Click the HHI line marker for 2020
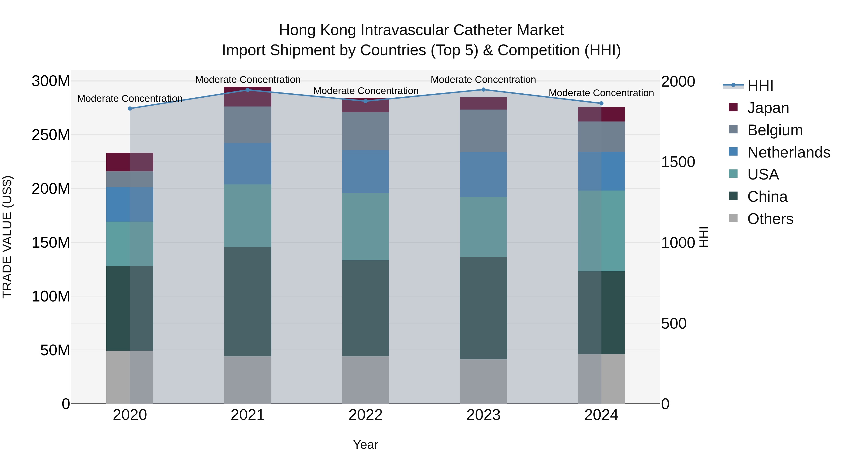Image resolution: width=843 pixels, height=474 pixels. coord(130,109)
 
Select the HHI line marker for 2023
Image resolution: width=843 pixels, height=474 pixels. coord(483,90)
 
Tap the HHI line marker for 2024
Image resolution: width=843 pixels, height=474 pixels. coord(601,103)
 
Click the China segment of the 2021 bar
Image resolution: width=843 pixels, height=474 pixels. coord(248,302)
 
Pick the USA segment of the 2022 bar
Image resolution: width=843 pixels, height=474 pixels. coord(366,226)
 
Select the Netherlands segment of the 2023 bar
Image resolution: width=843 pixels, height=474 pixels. coord(483,175)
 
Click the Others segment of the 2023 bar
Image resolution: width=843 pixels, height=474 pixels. coord(483,382)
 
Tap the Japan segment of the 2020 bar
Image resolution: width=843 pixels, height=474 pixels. coord(130,162)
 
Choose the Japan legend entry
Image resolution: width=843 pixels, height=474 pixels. coord(768,108)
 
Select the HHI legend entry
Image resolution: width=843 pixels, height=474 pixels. coord(760,86)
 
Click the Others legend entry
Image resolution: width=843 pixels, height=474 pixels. coord(770,219)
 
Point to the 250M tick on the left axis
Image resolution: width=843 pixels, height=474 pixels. coord(51,135)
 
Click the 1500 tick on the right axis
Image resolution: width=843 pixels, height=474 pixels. coord(678,162)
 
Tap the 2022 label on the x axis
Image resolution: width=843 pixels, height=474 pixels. coord(366,415)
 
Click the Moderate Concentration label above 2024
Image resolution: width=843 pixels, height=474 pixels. coord(601,93)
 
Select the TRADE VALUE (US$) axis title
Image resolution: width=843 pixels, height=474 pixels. coord(7,237)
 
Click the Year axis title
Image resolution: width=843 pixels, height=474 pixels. coord(366,445)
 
